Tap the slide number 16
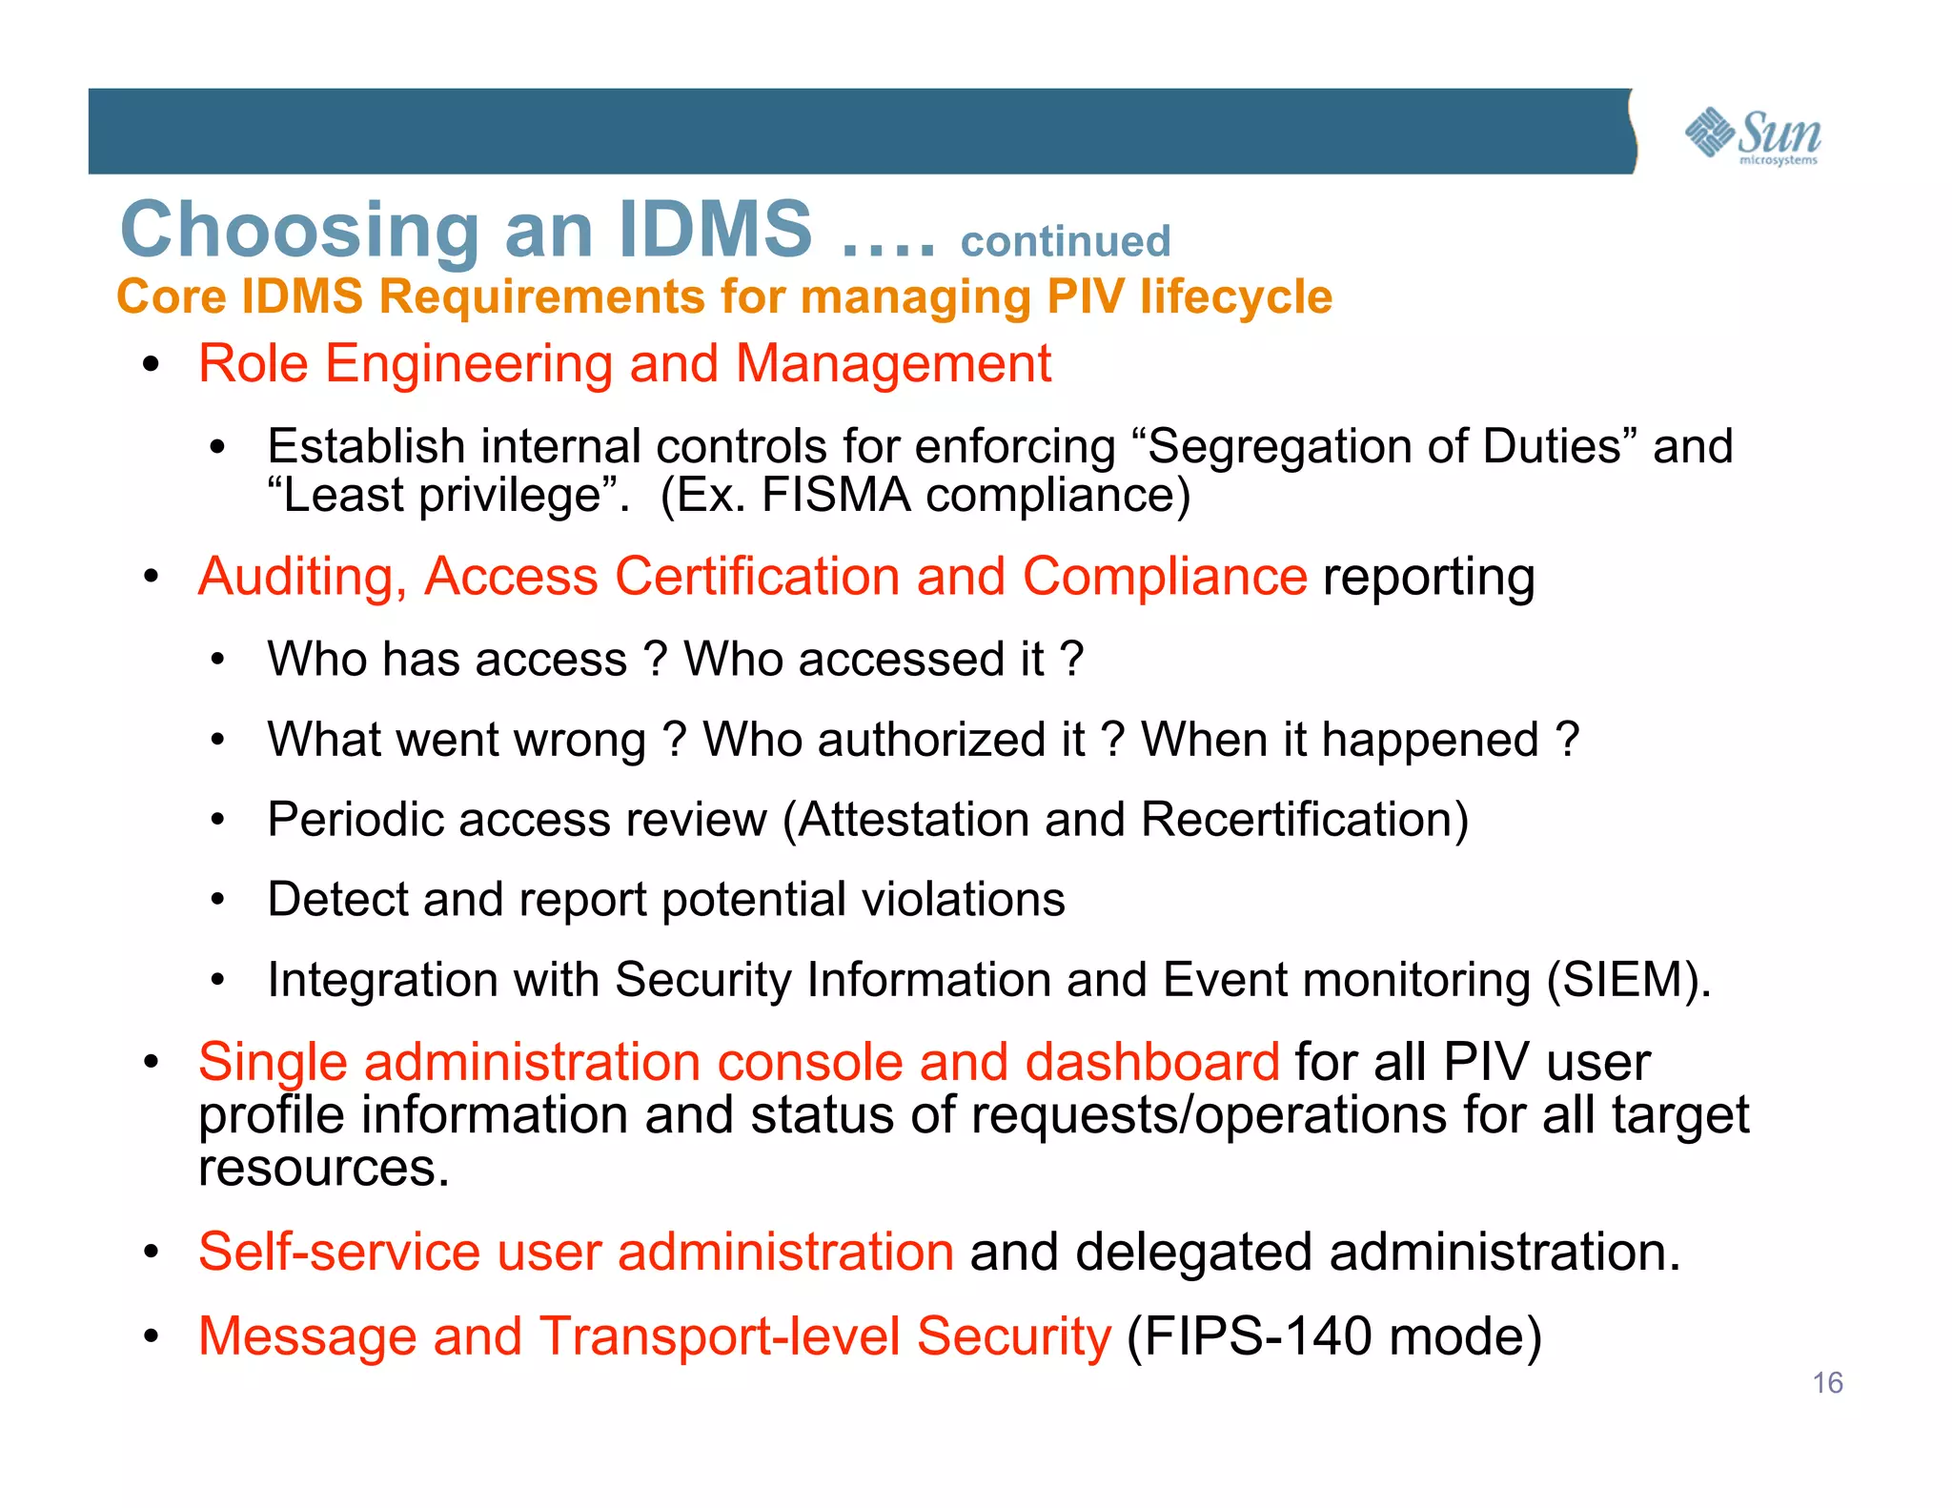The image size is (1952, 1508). pyautogui.click(x=1827, y=1382)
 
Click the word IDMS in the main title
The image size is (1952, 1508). pyautogui.click(x=715, y=231)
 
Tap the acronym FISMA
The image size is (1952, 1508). pyautogui.click(x=836, y=496)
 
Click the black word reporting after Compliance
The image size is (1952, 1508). pyautogui.click(x=1428, y=578)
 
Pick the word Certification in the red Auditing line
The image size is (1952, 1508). pyautogui.click(x=757, y=578)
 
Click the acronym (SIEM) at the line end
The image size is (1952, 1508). pyautogui.click(x=1628, y=980)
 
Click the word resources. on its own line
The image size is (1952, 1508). pyautogui.click(x=323, y=1169)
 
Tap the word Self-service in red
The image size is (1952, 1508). pyautogui.click(x=338, y=1252)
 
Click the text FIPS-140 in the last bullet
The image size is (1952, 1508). pyautogui.click(x=1257, y=1336)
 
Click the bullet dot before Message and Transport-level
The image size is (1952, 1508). pyautogui.click(x=151, y=1336)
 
